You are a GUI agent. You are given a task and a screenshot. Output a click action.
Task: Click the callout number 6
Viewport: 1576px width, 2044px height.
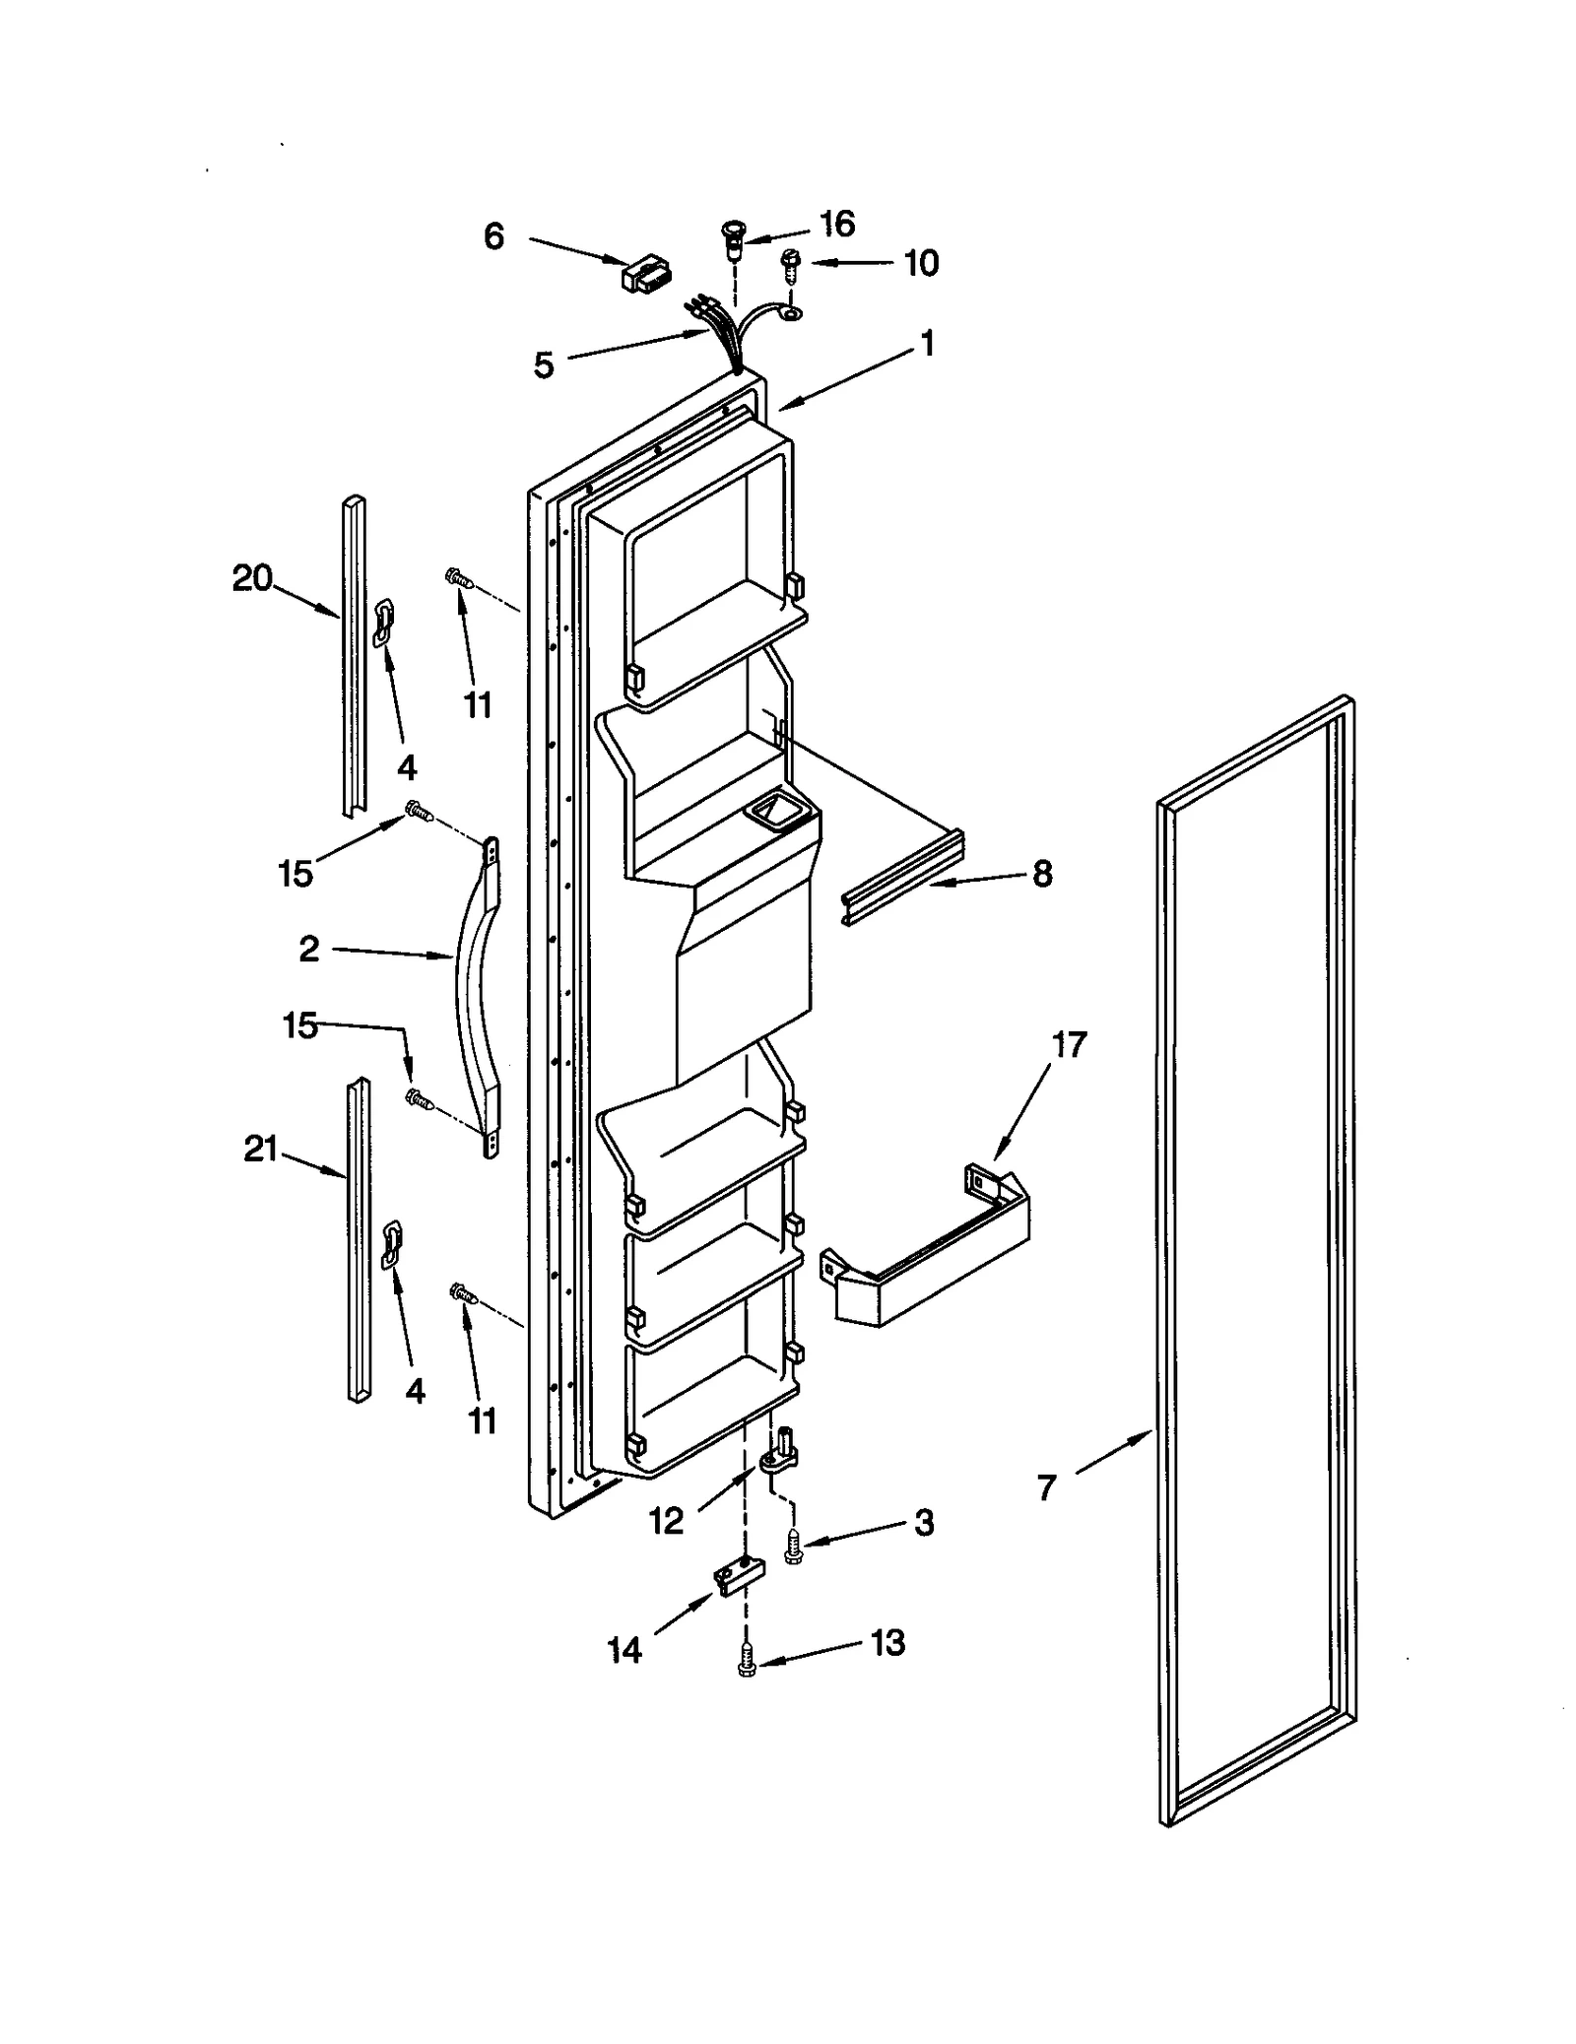(x=493, y=236)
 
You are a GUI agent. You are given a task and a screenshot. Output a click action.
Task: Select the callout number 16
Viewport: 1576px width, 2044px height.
(x=837, y=225)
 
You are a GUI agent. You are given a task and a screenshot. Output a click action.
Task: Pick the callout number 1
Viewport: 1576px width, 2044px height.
(x=926, y=344)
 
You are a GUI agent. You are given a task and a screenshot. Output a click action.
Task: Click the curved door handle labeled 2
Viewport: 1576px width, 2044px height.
(x=477, y=995)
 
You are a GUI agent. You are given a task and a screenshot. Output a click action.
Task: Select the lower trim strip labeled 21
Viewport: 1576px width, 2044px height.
(x=359, y=1241)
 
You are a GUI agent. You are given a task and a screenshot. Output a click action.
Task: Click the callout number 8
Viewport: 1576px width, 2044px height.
(x=1042, y=873)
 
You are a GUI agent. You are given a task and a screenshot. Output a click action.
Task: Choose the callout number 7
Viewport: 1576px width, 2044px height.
(x=1046, y=1486)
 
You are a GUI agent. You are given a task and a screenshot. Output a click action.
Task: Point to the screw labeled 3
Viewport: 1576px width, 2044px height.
(x=793, y=1548)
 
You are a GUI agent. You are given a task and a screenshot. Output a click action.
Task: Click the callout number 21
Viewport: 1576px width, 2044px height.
(x=261, y=1149)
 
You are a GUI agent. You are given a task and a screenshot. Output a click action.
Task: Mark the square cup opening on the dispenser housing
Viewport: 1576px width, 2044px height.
(x=778, y=812)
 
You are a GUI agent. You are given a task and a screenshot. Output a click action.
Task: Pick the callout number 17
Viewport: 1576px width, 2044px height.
(x=1069, y=1044)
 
